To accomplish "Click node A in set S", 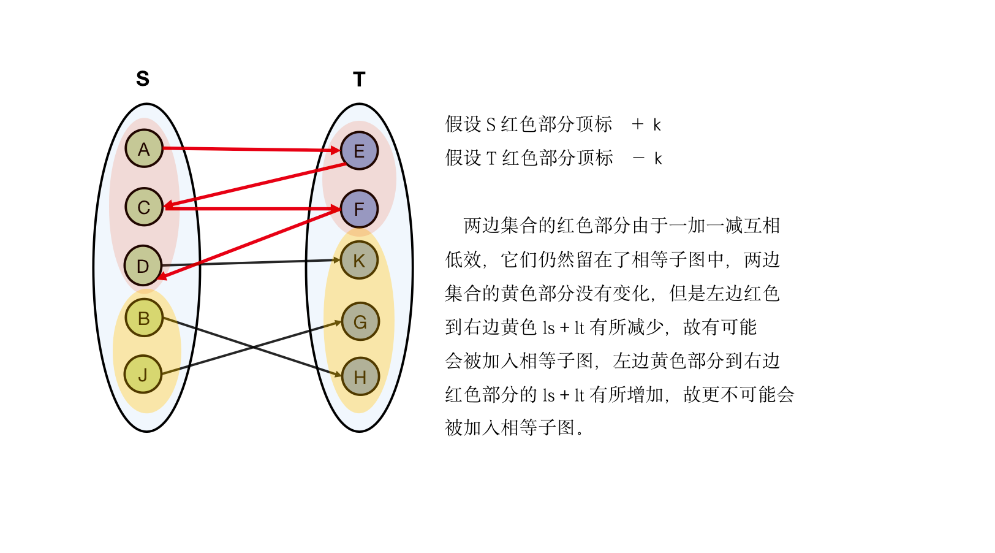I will [x=144, y=148].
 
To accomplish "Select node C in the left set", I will [x=144, y=207].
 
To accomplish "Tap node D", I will [x=143, y=265].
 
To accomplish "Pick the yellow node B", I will [x=144, y=318].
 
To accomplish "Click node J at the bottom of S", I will [x=143, y=374].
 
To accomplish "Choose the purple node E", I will [x=359, y=151].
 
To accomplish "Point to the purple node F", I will [x=359, y=208].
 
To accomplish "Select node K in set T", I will [x=359, y=261].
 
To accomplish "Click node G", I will [x=360, y=321].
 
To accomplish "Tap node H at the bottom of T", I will [x=360, y=376].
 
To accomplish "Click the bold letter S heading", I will [x=143, y=78].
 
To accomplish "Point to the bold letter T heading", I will [x=359, y=79].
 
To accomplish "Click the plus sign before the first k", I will [x=638, y=124].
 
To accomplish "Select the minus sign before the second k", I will [x=638, y=158].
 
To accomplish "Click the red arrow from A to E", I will [x=251, y=149].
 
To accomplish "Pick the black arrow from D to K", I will [x=251, y=262].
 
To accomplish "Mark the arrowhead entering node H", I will [x=337, y=374].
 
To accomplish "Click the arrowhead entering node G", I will [x=337, y=322].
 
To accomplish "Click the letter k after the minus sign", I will [x=658, y=159].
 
